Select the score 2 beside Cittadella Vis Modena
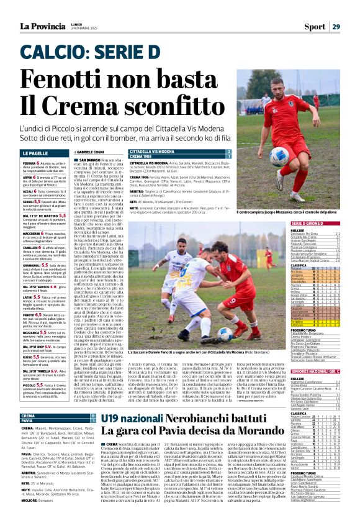[229, 152]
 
